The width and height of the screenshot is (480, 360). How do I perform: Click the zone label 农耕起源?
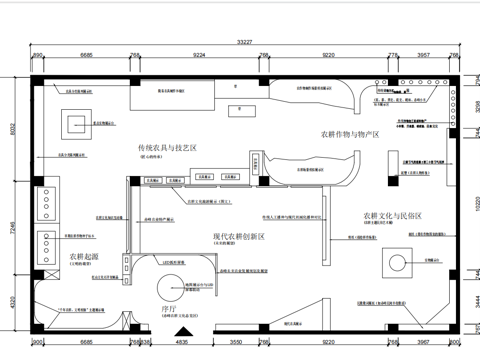click(83, 256)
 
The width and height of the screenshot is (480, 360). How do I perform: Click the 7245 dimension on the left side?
click(14, 229)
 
